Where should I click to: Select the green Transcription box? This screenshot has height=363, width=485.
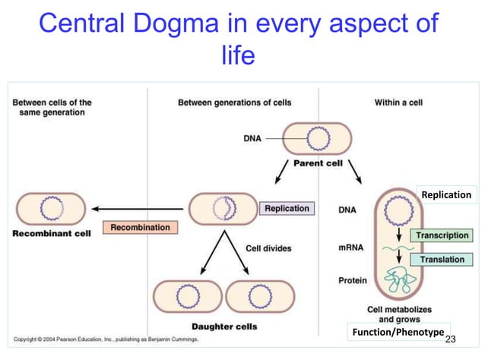(442, 235)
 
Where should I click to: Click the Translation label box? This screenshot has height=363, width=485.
(442, 260)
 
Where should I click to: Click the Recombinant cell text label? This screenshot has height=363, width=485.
(52, 233)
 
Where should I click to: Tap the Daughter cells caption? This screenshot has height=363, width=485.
(223, 327)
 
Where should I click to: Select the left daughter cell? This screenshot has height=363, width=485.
(188, 296)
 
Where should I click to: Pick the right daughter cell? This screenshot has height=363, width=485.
(261, 296)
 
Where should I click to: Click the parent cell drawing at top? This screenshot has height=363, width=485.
(317, 139)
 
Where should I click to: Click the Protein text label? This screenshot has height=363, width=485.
(353, 280)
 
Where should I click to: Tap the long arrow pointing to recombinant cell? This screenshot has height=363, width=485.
(137, 207)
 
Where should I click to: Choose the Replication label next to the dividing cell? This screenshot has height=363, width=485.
(287, 208)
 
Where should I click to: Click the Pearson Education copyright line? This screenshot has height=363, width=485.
(106, 339)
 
